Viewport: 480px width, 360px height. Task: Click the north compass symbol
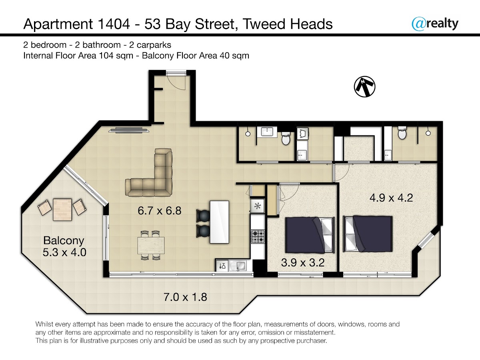(364, 86)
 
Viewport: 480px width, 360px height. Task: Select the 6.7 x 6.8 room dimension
(160, 211)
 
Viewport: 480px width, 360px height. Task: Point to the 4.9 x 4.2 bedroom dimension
(391, 198)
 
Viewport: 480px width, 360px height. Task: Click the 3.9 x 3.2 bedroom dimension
(303, 262)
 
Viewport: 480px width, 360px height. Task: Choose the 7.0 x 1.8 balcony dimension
(185, 297)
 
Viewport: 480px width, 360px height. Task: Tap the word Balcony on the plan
(64, 241)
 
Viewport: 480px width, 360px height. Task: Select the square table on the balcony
(62, 209)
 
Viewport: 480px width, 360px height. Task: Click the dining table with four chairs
(151, 245)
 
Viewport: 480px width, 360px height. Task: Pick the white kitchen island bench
(219, 222)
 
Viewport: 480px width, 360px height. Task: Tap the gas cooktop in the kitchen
(258, 236)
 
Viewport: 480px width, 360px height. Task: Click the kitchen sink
(240, 266)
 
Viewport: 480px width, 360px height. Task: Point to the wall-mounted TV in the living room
(129, 130)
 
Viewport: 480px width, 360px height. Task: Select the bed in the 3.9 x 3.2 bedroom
(310, 235)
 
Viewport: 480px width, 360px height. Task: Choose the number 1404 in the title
(114, 24)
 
